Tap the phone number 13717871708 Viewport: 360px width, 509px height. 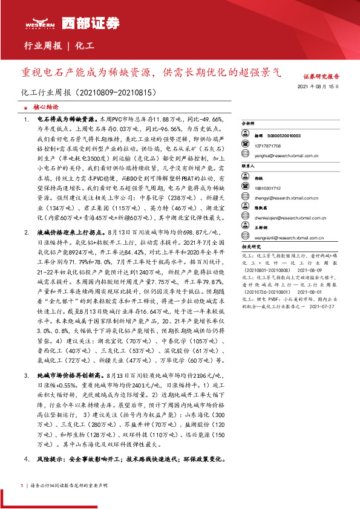point(268,146)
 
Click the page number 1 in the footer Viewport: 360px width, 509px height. point(22,486)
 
